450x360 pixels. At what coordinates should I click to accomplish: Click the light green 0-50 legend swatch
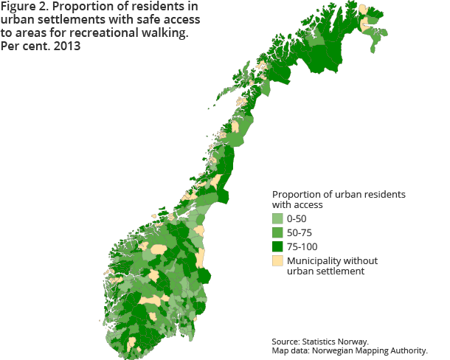(x=278, y=219)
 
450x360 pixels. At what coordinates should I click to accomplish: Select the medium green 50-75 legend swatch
(x=278, y=232)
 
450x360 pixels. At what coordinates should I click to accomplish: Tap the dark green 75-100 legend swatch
(x=278, y=246)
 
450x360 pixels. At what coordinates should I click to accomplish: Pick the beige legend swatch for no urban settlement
(x=278, y=260)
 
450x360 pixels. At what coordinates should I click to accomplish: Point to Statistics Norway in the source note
(x=337, y=342)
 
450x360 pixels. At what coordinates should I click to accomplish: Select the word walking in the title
(x=175, y=34)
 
